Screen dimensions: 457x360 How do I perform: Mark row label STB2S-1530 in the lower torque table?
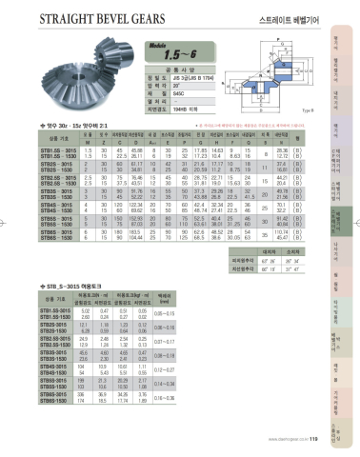58,330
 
